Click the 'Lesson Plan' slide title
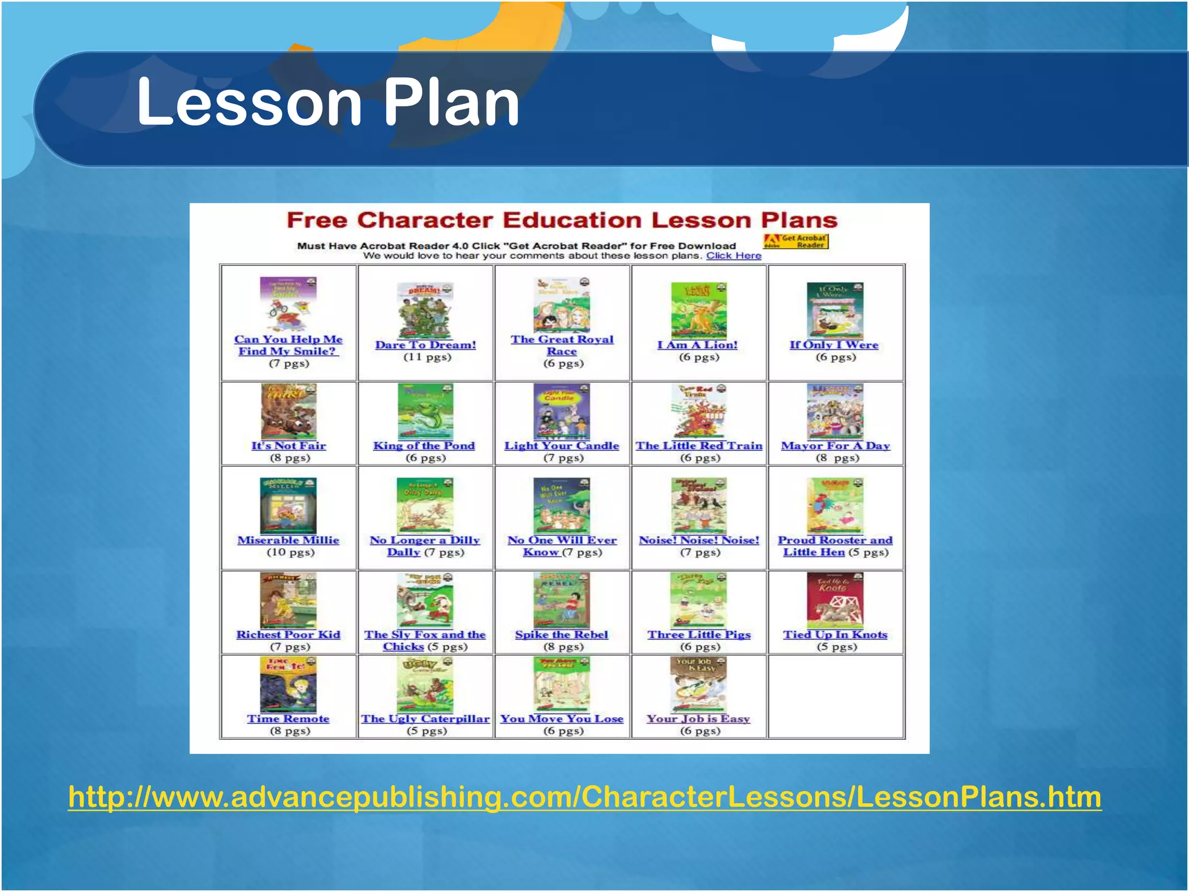coord(328,103)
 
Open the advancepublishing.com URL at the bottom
coord(585,797)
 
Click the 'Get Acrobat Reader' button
coord(796,242)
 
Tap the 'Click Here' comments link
coord(733,256)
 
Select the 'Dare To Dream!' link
coord(426,345)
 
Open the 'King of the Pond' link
coord(424,446)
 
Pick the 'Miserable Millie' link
coord(288,540)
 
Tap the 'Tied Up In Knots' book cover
coord(835,600)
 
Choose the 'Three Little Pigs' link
coord(699,635)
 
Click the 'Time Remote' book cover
coord(288,684)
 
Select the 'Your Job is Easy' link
coord(698,719)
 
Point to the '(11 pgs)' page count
coord(427,357)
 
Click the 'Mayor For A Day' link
coord(835,446)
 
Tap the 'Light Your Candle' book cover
coord(561,411)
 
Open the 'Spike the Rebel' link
coord(561,635)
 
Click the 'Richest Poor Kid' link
coord(288,635)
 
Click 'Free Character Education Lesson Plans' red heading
coord(562,221)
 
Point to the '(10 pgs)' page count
coord(290,552)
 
